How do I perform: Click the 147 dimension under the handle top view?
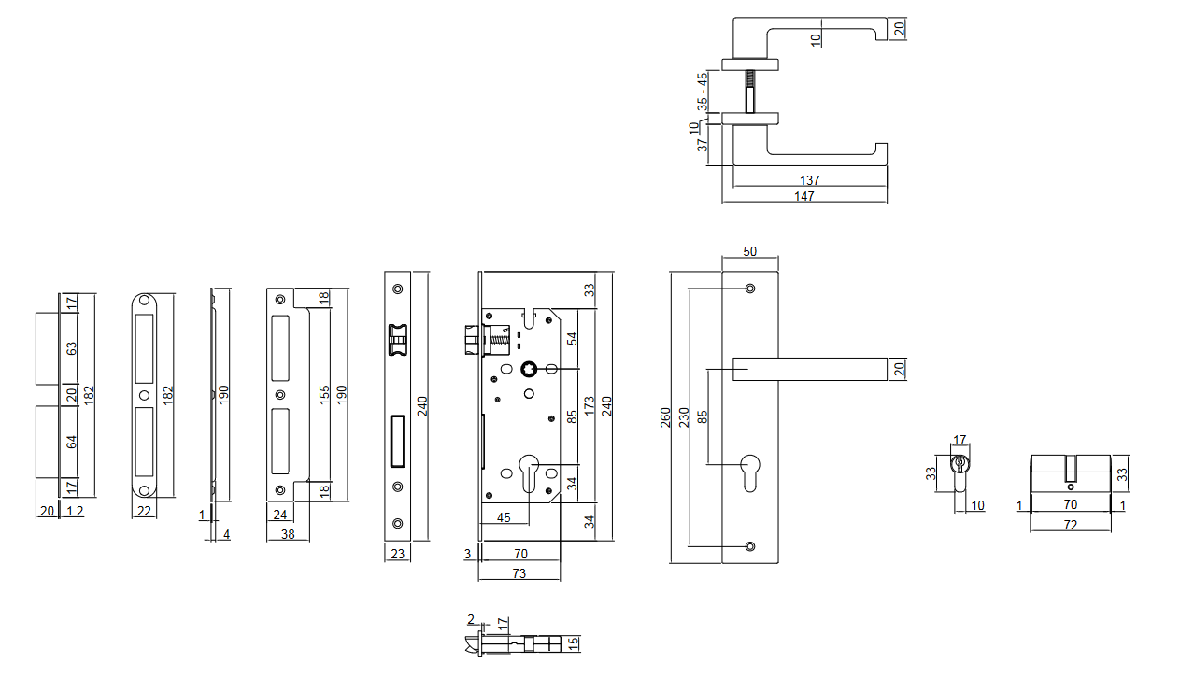804,197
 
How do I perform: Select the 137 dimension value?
809,180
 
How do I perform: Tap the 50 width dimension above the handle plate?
749,252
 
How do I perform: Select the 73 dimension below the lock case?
519,573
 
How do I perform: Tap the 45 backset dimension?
504,517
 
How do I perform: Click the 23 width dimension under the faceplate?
397,554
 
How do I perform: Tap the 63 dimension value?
72,349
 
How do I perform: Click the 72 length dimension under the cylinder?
1071,525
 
